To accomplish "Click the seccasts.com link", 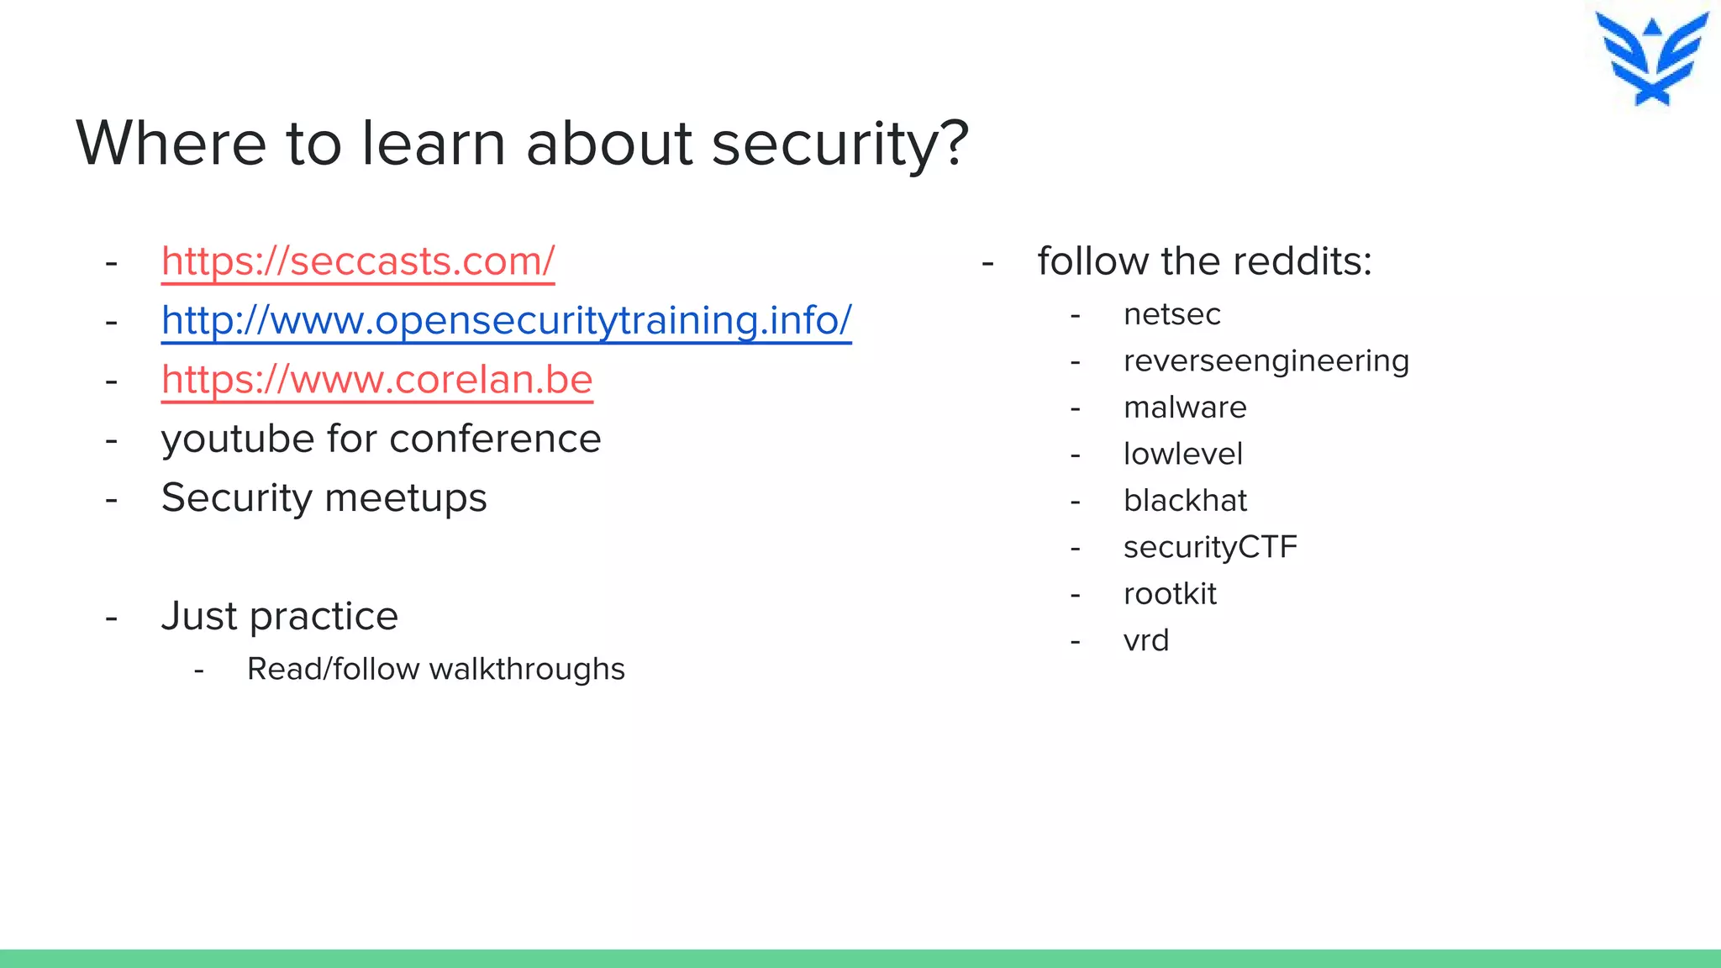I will [x=358, y=261].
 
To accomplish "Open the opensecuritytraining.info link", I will [x=506, y=320].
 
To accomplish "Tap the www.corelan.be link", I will [x=376, y=380].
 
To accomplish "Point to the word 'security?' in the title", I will [x=840, y=144].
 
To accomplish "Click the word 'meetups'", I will [x=406, y=498].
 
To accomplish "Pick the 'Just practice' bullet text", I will [x=279, y=616].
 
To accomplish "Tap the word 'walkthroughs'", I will [x=527, y=669].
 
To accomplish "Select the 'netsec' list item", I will [x=1171, y=314].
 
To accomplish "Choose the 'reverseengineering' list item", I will [x=1266, y=361].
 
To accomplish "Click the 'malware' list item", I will [x=1185, y=408].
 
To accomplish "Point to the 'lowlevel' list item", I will [x=1182, y=454].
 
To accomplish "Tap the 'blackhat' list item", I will [x=1185, y=501].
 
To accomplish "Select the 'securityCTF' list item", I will [x=1210, y=547].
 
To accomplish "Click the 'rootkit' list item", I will [x=1170, y=594].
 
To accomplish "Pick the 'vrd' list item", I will [x=1146, y=640].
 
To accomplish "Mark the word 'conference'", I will [x=495, y=439].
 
